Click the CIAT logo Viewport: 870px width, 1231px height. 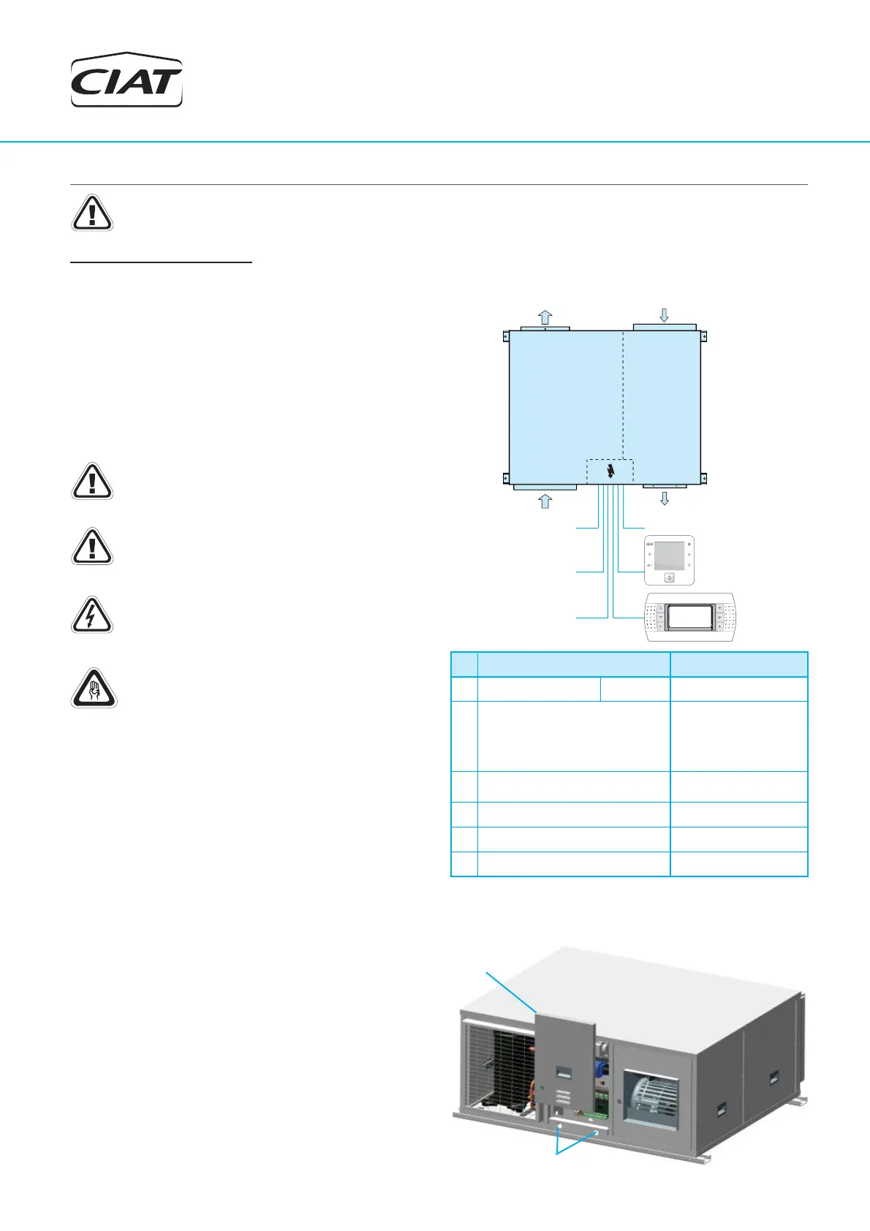(x=126, y=80)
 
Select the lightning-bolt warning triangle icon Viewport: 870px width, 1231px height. (x=91, y=615)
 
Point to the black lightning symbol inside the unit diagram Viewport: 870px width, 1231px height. (x=611, y=471)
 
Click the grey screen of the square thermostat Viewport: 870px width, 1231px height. (x=669, y=556)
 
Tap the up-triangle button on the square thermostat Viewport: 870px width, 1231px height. (x=689, y=555)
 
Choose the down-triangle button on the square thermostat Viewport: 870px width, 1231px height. (x=689, y=566)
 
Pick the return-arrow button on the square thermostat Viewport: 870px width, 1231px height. (x=650, y=566)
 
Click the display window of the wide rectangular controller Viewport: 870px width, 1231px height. (x=689, y=618)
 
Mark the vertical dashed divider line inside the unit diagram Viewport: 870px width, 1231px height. (x=623, y=395)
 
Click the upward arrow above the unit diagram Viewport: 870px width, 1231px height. (x=545, y=317)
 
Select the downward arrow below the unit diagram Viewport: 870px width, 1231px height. (x=664, y=499)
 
